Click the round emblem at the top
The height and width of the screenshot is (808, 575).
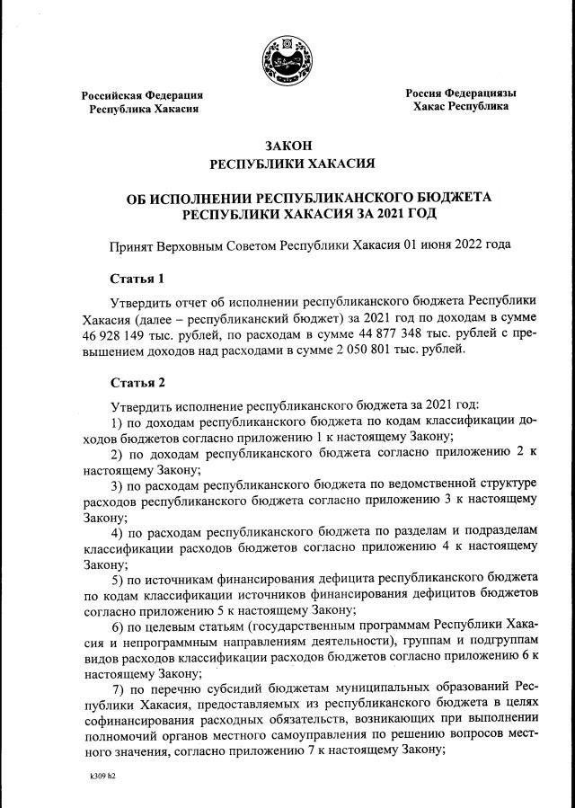(x=287, y=62)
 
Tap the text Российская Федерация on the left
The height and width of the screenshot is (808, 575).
(x=142, y=94)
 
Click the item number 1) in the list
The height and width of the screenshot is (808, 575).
(x=116, y=422)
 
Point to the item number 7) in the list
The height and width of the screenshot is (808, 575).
(x=117, y=688)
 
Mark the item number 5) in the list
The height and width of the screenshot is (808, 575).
(x=116, y=578)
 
